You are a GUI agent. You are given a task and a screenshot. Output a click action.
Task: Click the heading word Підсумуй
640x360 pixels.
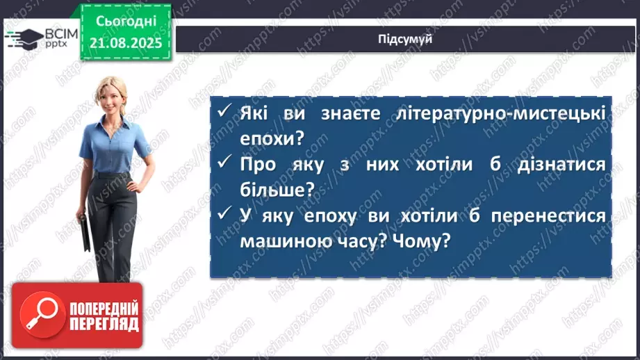[x=406, y=39]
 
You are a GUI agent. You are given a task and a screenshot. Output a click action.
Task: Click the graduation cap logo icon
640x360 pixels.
[x=26, y=38]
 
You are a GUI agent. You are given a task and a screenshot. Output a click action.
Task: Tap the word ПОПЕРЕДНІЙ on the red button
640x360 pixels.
[x=104, y=308]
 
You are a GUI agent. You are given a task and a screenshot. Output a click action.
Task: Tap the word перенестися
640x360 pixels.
[x=549, y=215]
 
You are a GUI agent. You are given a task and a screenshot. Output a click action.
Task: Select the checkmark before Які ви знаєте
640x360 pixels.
[x=223, y=113]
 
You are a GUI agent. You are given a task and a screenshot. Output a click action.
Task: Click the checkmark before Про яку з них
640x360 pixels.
[x=223, y=164]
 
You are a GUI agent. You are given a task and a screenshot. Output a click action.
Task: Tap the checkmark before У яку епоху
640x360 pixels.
[x=223, y=215]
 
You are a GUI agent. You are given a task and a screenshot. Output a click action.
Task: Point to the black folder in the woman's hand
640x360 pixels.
[x=82, y=233]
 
